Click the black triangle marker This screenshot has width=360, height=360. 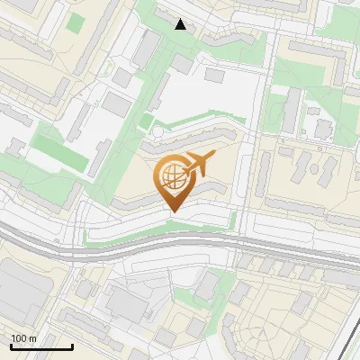click(181, 24)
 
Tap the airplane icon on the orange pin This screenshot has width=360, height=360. click(199, 164)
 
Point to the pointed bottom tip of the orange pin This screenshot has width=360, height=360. click(172, 212)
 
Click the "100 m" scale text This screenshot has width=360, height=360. click(24, 338)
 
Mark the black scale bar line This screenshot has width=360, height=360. click(41, 346)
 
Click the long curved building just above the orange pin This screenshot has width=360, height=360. click(193, 140)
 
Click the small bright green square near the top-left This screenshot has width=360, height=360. click(76, 21)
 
